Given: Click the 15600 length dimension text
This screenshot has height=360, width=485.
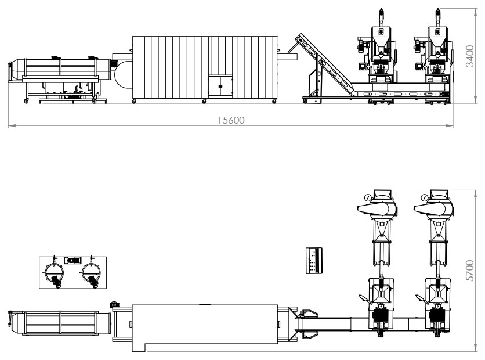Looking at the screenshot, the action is click(231, 120).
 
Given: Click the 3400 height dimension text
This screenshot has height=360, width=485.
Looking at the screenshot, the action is click(470, 56).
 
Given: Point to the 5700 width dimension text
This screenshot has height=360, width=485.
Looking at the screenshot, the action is click(470, 271).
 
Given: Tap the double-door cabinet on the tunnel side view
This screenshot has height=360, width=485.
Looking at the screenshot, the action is click(220, 86).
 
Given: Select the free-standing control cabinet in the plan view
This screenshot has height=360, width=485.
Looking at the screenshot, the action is click(314, 260).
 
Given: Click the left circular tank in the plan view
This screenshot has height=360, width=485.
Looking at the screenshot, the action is click(55, 272).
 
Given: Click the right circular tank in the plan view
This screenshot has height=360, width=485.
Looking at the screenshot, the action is click(92, 272).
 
